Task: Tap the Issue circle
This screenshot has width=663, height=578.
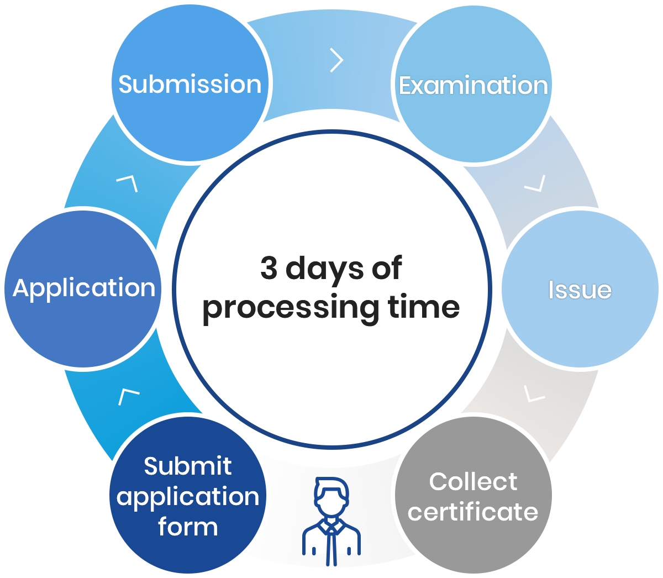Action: tap(580, 289)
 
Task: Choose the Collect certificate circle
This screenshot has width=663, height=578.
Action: tap(473, 496)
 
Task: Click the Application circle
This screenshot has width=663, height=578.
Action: tap(83, 288)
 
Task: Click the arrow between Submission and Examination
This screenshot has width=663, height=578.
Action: tap(336, 60)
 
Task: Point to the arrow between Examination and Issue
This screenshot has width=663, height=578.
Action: tap(535, 184)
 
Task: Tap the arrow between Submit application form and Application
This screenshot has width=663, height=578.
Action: tap(128, 396)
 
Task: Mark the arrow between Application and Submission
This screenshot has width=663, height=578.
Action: tap(128, 183)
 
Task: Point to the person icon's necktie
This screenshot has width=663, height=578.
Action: tap(331, 544)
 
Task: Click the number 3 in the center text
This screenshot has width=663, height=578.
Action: tap(269, 269)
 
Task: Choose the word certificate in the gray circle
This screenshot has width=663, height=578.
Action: tap(473, 512)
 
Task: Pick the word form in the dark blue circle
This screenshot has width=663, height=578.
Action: tap(188, 527)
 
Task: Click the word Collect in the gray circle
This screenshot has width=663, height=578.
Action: tap(473, 481)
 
